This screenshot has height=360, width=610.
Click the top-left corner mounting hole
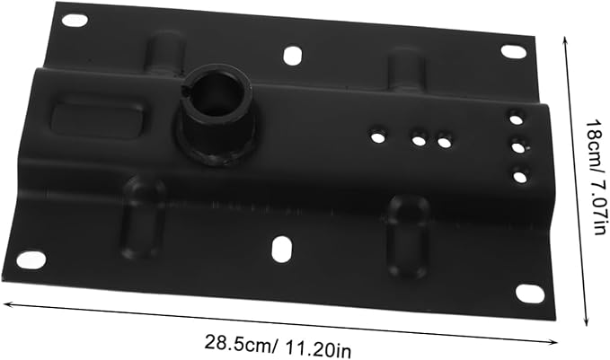point(75,21)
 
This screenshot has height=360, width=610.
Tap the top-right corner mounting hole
point(513,52)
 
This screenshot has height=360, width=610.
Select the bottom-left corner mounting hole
point(31,259)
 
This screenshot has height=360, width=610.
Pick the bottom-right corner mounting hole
point(530,294)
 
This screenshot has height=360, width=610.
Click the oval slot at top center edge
point(292,55)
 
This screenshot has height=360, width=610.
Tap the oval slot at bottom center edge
point(282,249)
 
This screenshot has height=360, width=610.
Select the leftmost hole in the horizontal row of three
point(376,136)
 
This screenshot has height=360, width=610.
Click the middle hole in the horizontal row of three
point(419,140)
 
